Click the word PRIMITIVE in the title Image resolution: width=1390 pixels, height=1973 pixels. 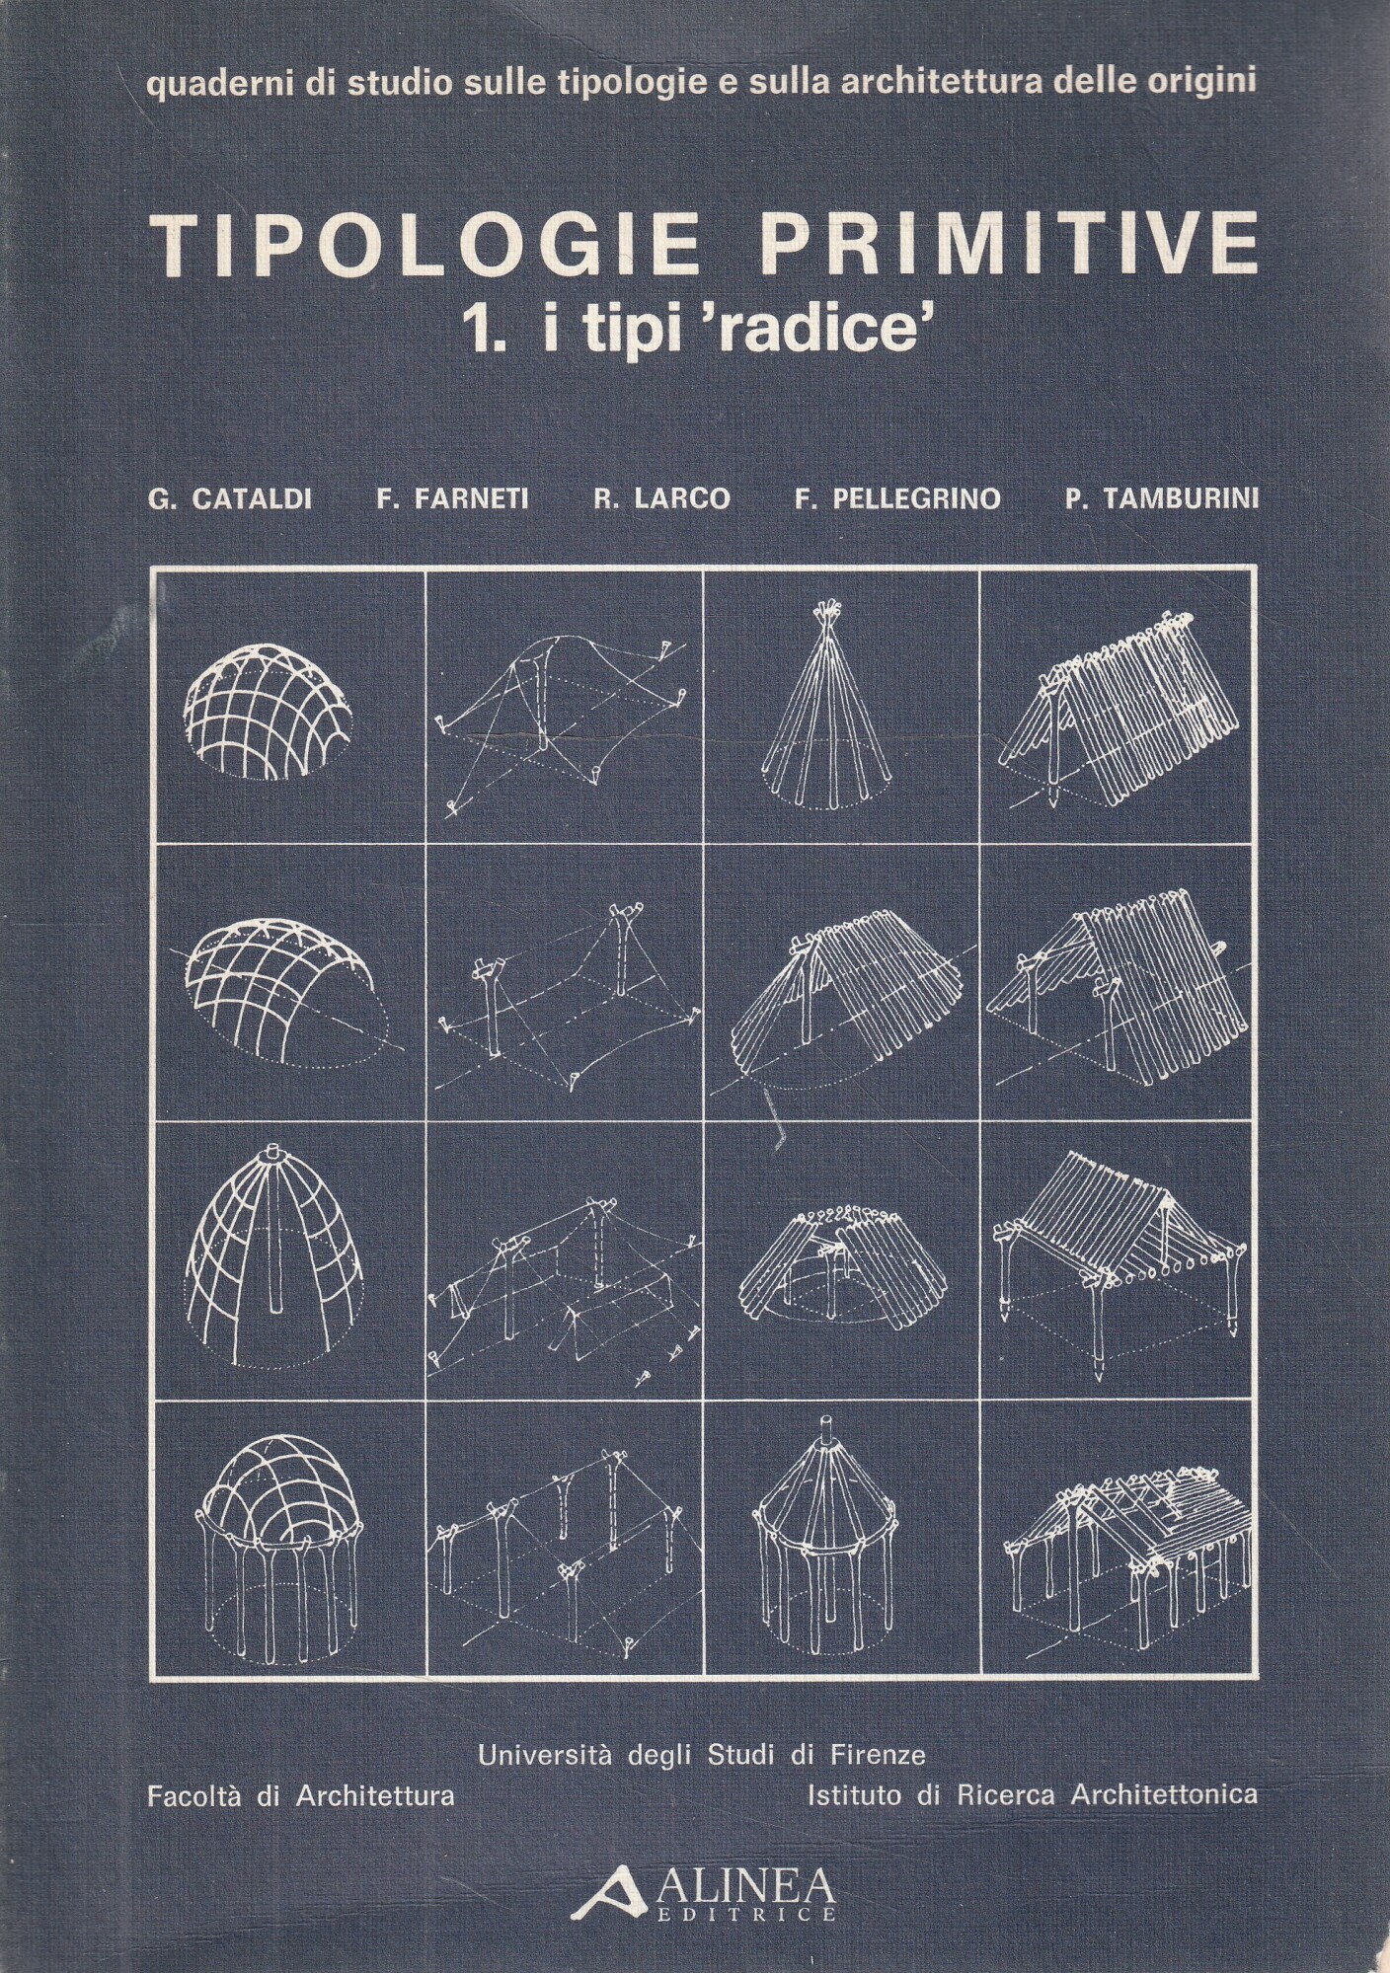coord(1010,243)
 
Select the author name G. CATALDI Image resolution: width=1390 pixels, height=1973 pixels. coord(229,499)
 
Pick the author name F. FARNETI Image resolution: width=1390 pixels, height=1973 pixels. coord(452,499)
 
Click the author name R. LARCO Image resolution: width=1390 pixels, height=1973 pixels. coord(661,499)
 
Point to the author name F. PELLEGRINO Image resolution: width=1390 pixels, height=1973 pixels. coord(896,499)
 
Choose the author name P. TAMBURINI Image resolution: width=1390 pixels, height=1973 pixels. coord(1162,499)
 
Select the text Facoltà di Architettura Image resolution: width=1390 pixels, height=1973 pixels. coord(300,1795)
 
